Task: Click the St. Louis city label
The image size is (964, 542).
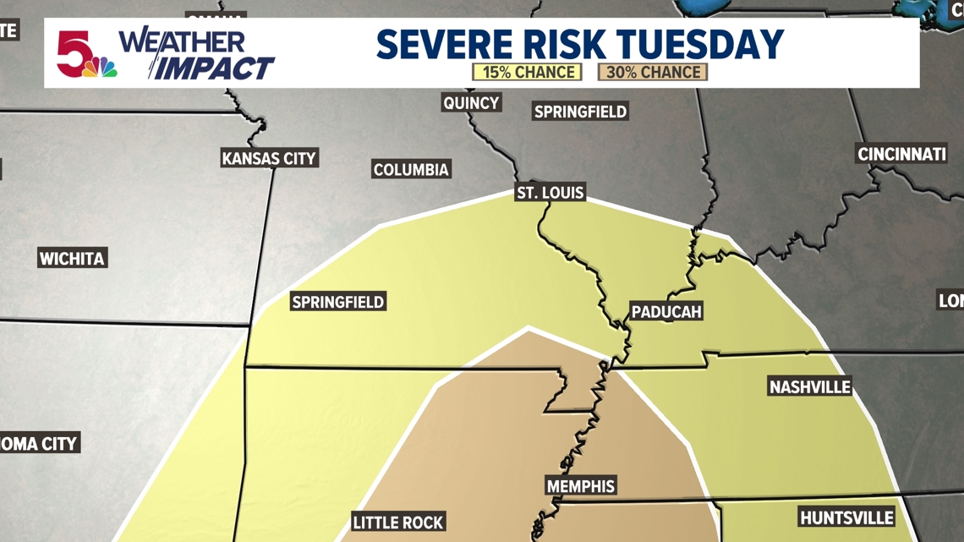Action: (550, 193)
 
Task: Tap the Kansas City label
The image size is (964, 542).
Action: (269, 158)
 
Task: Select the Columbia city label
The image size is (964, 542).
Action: (411, 170)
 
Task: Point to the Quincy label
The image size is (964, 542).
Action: (471, 103)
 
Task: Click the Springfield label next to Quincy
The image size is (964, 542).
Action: (580, 112)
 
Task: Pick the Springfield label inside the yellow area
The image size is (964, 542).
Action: (337, 302)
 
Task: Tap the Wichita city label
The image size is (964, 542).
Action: (72, 259)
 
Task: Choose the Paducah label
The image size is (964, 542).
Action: (666, 312)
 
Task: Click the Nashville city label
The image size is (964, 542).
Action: (809, 387)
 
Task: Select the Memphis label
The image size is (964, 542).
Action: (580, 486)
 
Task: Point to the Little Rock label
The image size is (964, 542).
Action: (398, 523)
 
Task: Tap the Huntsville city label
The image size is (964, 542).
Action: (846, 517)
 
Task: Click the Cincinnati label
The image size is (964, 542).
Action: (901, 155)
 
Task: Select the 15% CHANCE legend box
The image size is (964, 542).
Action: (527, 73)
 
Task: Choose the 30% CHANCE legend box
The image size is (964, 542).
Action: (652, 73)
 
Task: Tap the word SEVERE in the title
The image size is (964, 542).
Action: (441, 44)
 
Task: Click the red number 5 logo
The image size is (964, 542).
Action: (74, 51)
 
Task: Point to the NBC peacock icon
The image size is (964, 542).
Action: (101, 68)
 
